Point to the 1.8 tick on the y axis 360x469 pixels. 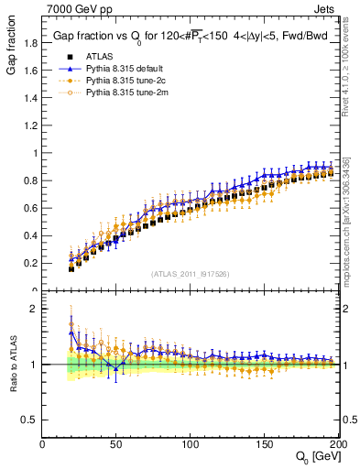(31, 42)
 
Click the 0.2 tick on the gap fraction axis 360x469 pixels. (31, 263)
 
